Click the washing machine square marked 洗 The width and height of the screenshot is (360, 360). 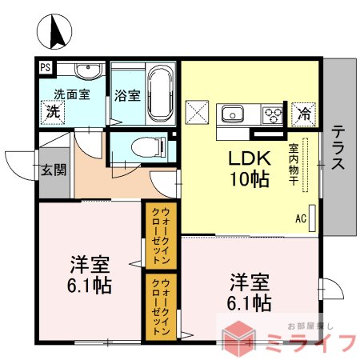53,111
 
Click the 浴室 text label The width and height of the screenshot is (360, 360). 126,95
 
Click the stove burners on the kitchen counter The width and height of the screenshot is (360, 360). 273,113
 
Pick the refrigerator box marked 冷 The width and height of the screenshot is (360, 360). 303,112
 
